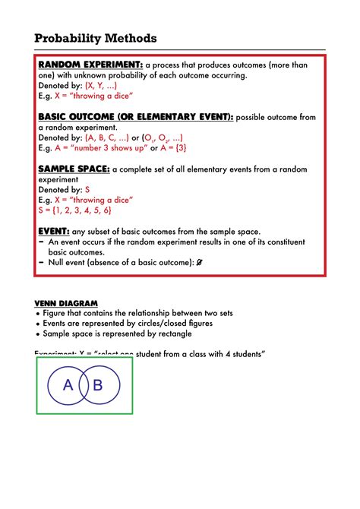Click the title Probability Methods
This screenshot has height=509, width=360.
click(x=96, y=38)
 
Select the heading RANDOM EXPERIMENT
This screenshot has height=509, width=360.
click(x=90, y=65)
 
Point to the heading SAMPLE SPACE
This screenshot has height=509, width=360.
click(x=74, y=169)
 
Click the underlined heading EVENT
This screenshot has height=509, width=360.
click(x=53, y=231)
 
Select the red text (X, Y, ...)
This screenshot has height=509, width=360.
click(x=101, y=86)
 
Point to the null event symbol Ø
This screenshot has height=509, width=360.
click(x=199, y=261)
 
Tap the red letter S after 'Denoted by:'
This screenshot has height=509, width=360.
click(x=87, y=190)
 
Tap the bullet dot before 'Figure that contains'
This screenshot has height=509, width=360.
click(x=38, y=313)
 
